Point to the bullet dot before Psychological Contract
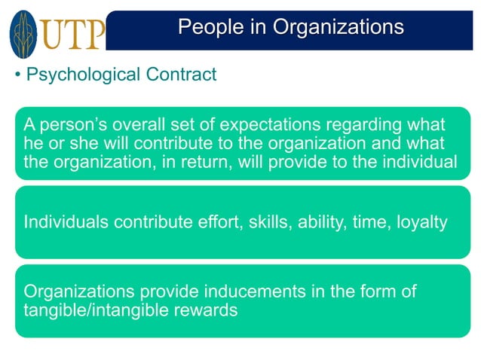point(18,76)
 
